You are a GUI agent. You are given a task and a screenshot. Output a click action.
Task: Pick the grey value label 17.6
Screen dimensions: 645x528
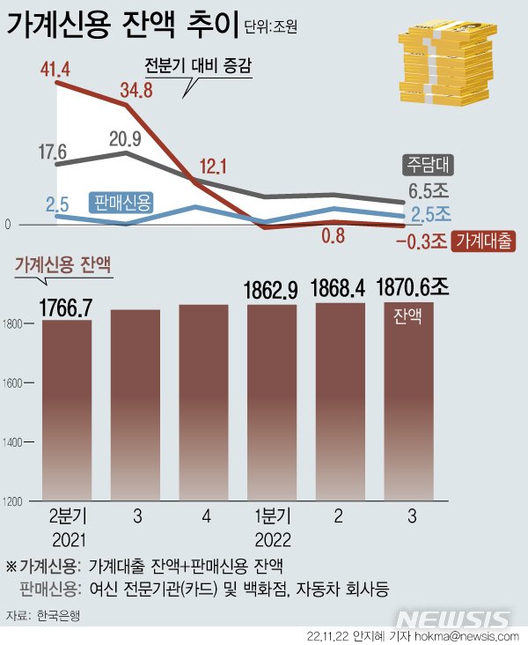[x=54, y=150]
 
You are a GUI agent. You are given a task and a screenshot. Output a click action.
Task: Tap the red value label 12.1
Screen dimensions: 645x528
[x=212, y=164]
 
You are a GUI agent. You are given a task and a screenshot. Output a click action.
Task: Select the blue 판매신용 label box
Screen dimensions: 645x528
[x=121, y=203]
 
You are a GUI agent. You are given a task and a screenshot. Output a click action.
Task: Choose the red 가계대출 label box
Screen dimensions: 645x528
[x=483, y=241]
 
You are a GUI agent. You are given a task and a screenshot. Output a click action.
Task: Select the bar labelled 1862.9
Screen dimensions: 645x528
[x=273, y=405]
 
